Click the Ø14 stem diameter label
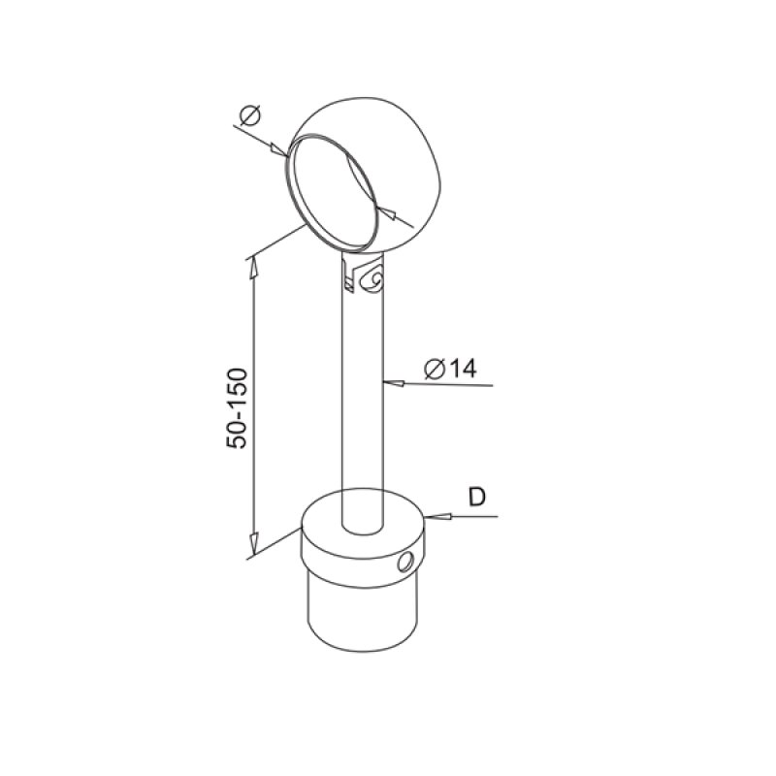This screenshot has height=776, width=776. click(449, 369)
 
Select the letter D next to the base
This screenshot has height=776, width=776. click(476, 497)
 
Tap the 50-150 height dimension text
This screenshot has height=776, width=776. click(238, 407)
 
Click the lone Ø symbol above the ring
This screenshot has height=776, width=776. click(248, 117)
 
